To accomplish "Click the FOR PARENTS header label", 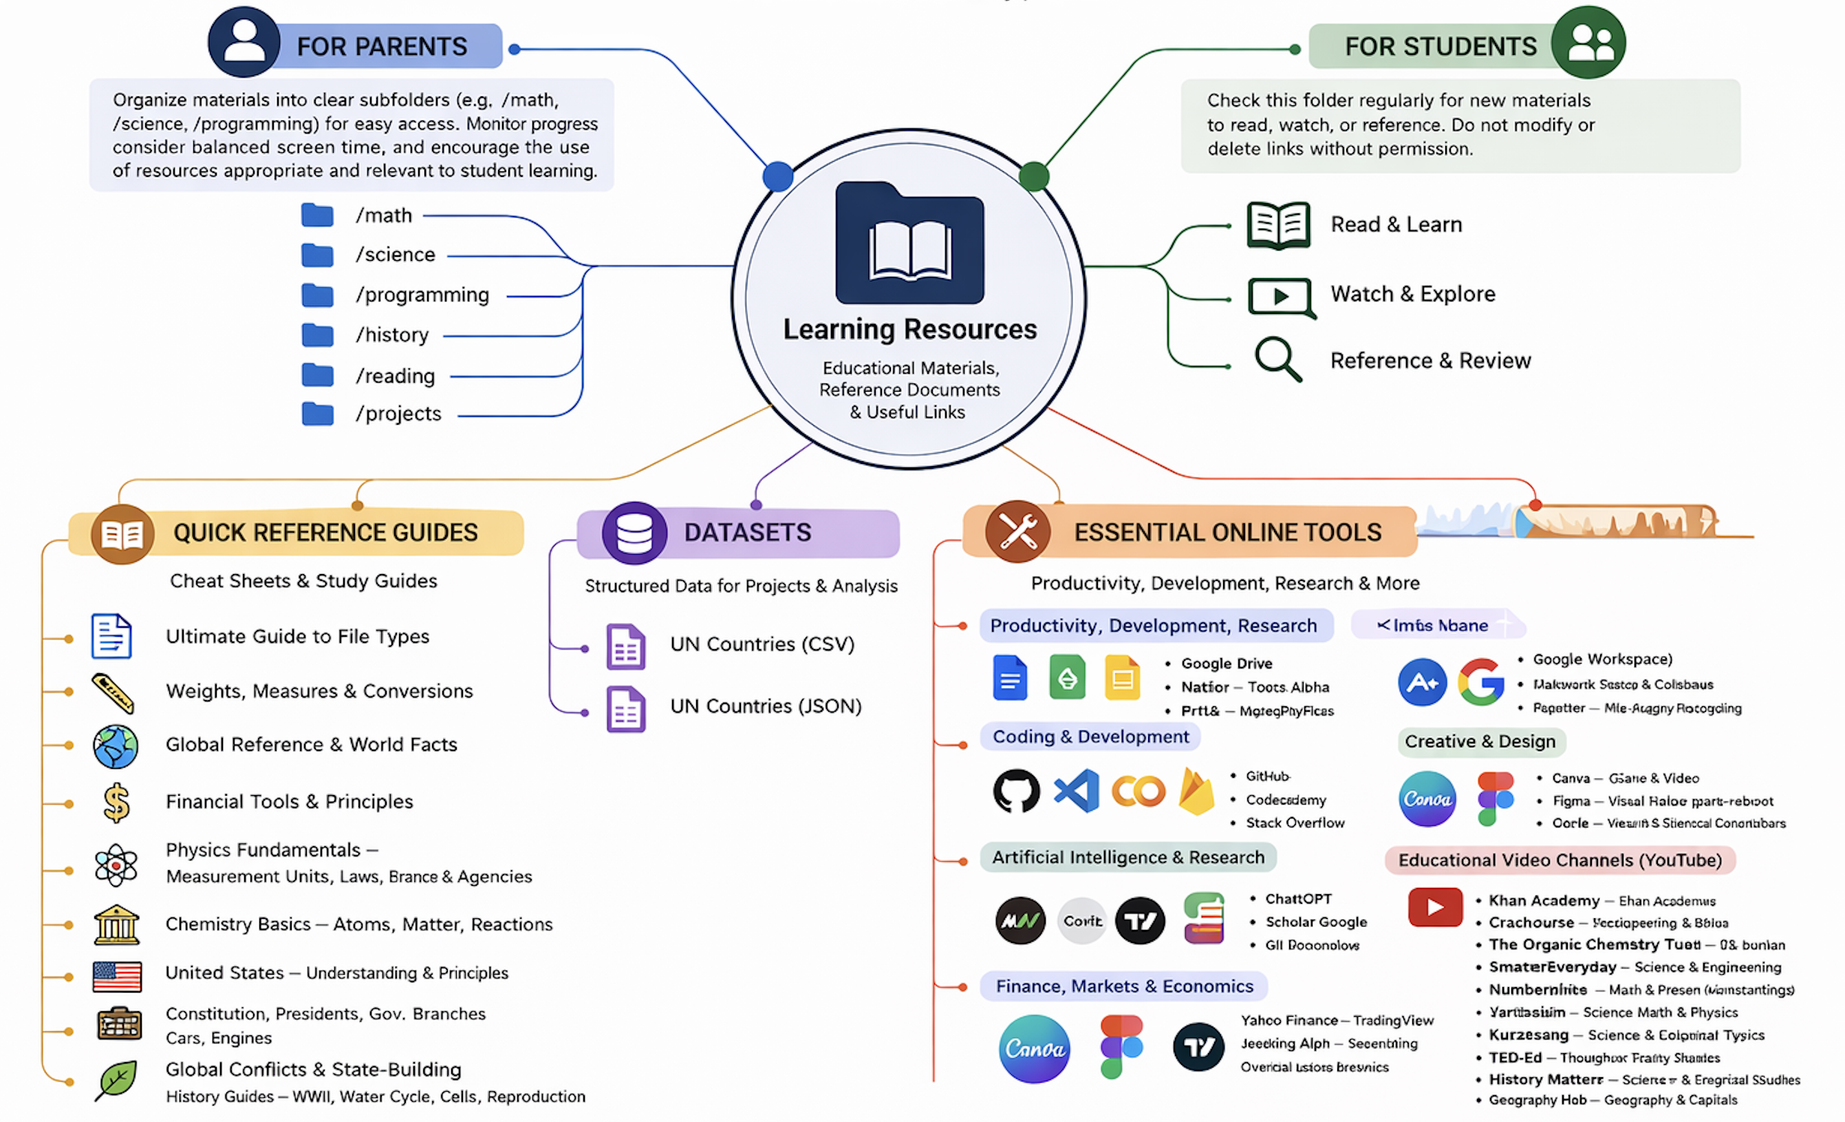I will click(381, 46).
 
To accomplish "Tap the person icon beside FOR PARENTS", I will click(244, 42).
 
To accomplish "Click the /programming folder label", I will click(422, 295).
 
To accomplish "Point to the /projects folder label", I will click(398, 414).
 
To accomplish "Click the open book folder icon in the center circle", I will click(909, 244).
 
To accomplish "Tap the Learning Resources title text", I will click(909, 330).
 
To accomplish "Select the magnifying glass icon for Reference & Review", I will click(1277, 359).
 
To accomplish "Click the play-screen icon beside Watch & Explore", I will click(1280, 297).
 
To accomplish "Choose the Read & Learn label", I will click(1396, 224).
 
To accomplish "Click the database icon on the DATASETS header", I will click(634, 533).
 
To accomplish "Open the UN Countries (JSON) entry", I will click(765, 706).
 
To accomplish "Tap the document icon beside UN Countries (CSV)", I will click(625, 646).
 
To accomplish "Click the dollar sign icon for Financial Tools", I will click(116, 803).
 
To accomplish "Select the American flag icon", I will click(117, 976).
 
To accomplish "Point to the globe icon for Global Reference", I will click(116, 746).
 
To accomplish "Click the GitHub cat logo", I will click(1016, 791).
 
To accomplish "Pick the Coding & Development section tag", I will click(1090, 737).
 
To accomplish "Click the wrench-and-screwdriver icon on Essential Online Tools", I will click(1017, 532).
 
